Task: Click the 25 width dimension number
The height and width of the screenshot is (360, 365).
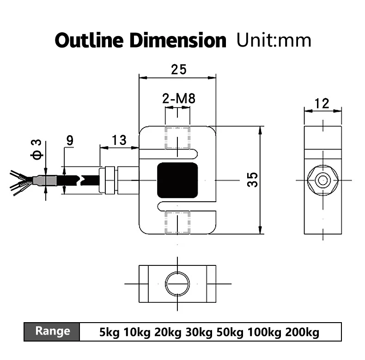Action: pyautogui.click(x=178, y=70)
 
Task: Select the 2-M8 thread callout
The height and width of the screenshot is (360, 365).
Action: pyautogui.click(x=178, y=98)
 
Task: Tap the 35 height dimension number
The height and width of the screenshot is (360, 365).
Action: pyautogui.click(x=252, y=179)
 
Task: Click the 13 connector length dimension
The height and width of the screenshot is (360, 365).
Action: pyautogui.click(x=118, y=140)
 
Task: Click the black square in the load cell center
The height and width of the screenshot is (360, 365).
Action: pyautogui.click(x=178, y=180)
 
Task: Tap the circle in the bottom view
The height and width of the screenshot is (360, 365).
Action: pyautogui.click(x=178, y=282)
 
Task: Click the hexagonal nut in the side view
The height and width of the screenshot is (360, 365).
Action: pyautogui.click(x=323, y=180)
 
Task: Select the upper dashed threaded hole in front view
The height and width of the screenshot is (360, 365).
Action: pyautogui.click(x=178, y=138)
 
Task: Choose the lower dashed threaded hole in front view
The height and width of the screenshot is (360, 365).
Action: pyautogui.click(x=178, y=222)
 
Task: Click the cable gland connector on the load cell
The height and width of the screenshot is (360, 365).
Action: pyautogui.click(x=110, y=180)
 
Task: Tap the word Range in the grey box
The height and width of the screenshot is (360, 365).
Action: pyautogui.click(x=53, y=331)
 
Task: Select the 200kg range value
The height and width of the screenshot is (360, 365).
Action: pyautogui.click(x=303, y=332)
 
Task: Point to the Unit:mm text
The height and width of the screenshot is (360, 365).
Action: pyautogui.click(x=274, y=40)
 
